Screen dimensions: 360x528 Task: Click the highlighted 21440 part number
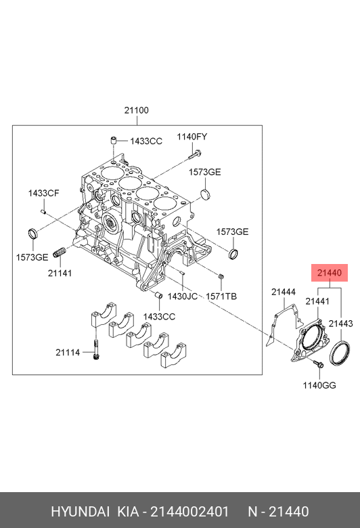330,273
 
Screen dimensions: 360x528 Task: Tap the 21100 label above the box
137,110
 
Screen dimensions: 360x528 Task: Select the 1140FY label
192,137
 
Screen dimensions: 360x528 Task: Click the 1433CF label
43,194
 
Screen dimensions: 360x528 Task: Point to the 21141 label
60,273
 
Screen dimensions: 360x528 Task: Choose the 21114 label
68,353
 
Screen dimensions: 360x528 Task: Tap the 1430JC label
183,296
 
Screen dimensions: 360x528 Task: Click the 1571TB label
221,296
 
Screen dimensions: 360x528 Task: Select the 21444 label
284,292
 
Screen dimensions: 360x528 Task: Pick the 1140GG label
319,385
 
